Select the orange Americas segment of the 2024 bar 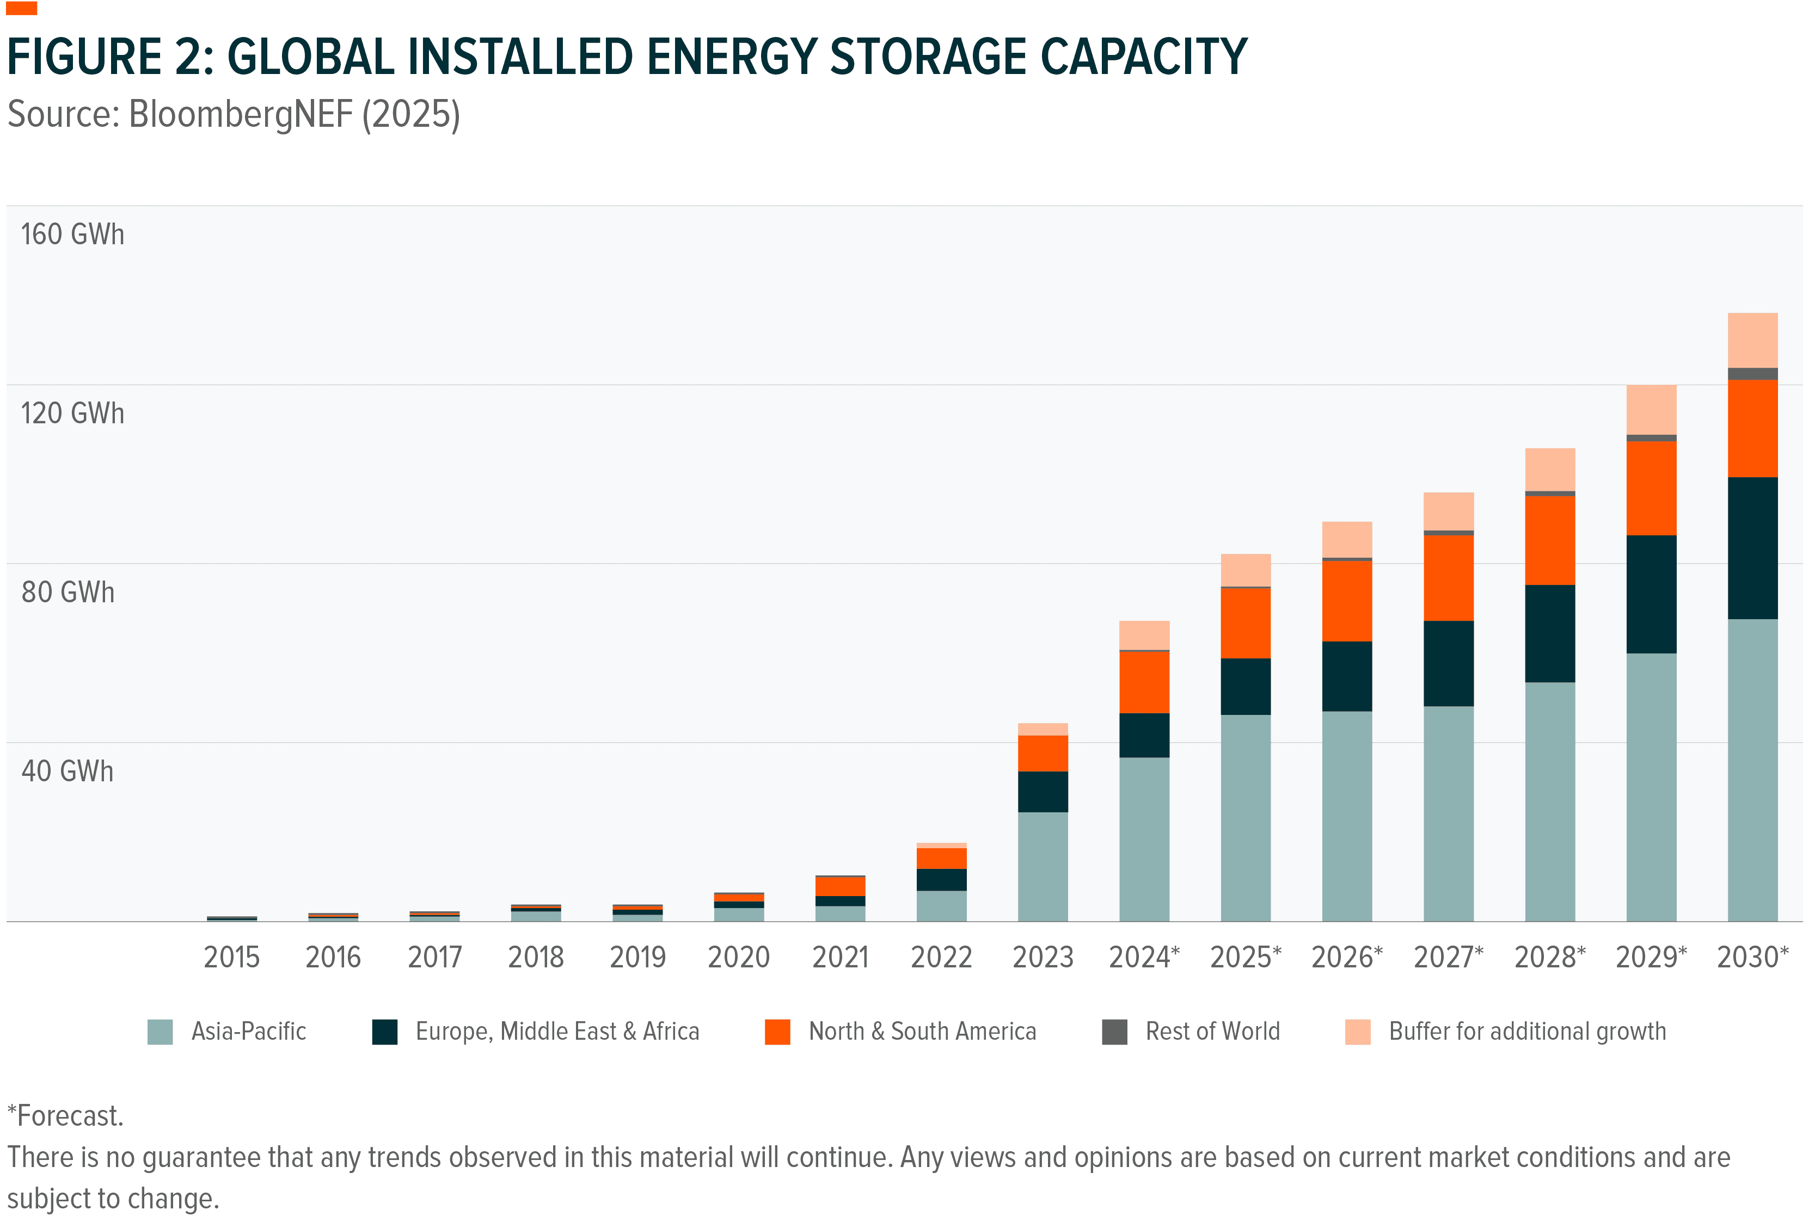(x=1144, y=682)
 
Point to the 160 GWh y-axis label (x=72, y=234)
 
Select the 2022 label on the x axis (x=941, y=957)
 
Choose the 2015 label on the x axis (x=231, y=957)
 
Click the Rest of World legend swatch (x=1114, y=1031)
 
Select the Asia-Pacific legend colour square (x=160, y=1031)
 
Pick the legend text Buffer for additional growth (x=1526, y=1031)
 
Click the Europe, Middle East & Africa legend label (x=557, y=1031)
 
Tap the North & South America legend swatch (x=777, y=1031)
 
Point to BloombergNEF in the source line (x=240, y=115)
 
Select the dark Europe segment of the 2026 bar (x=1346, y=676)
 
